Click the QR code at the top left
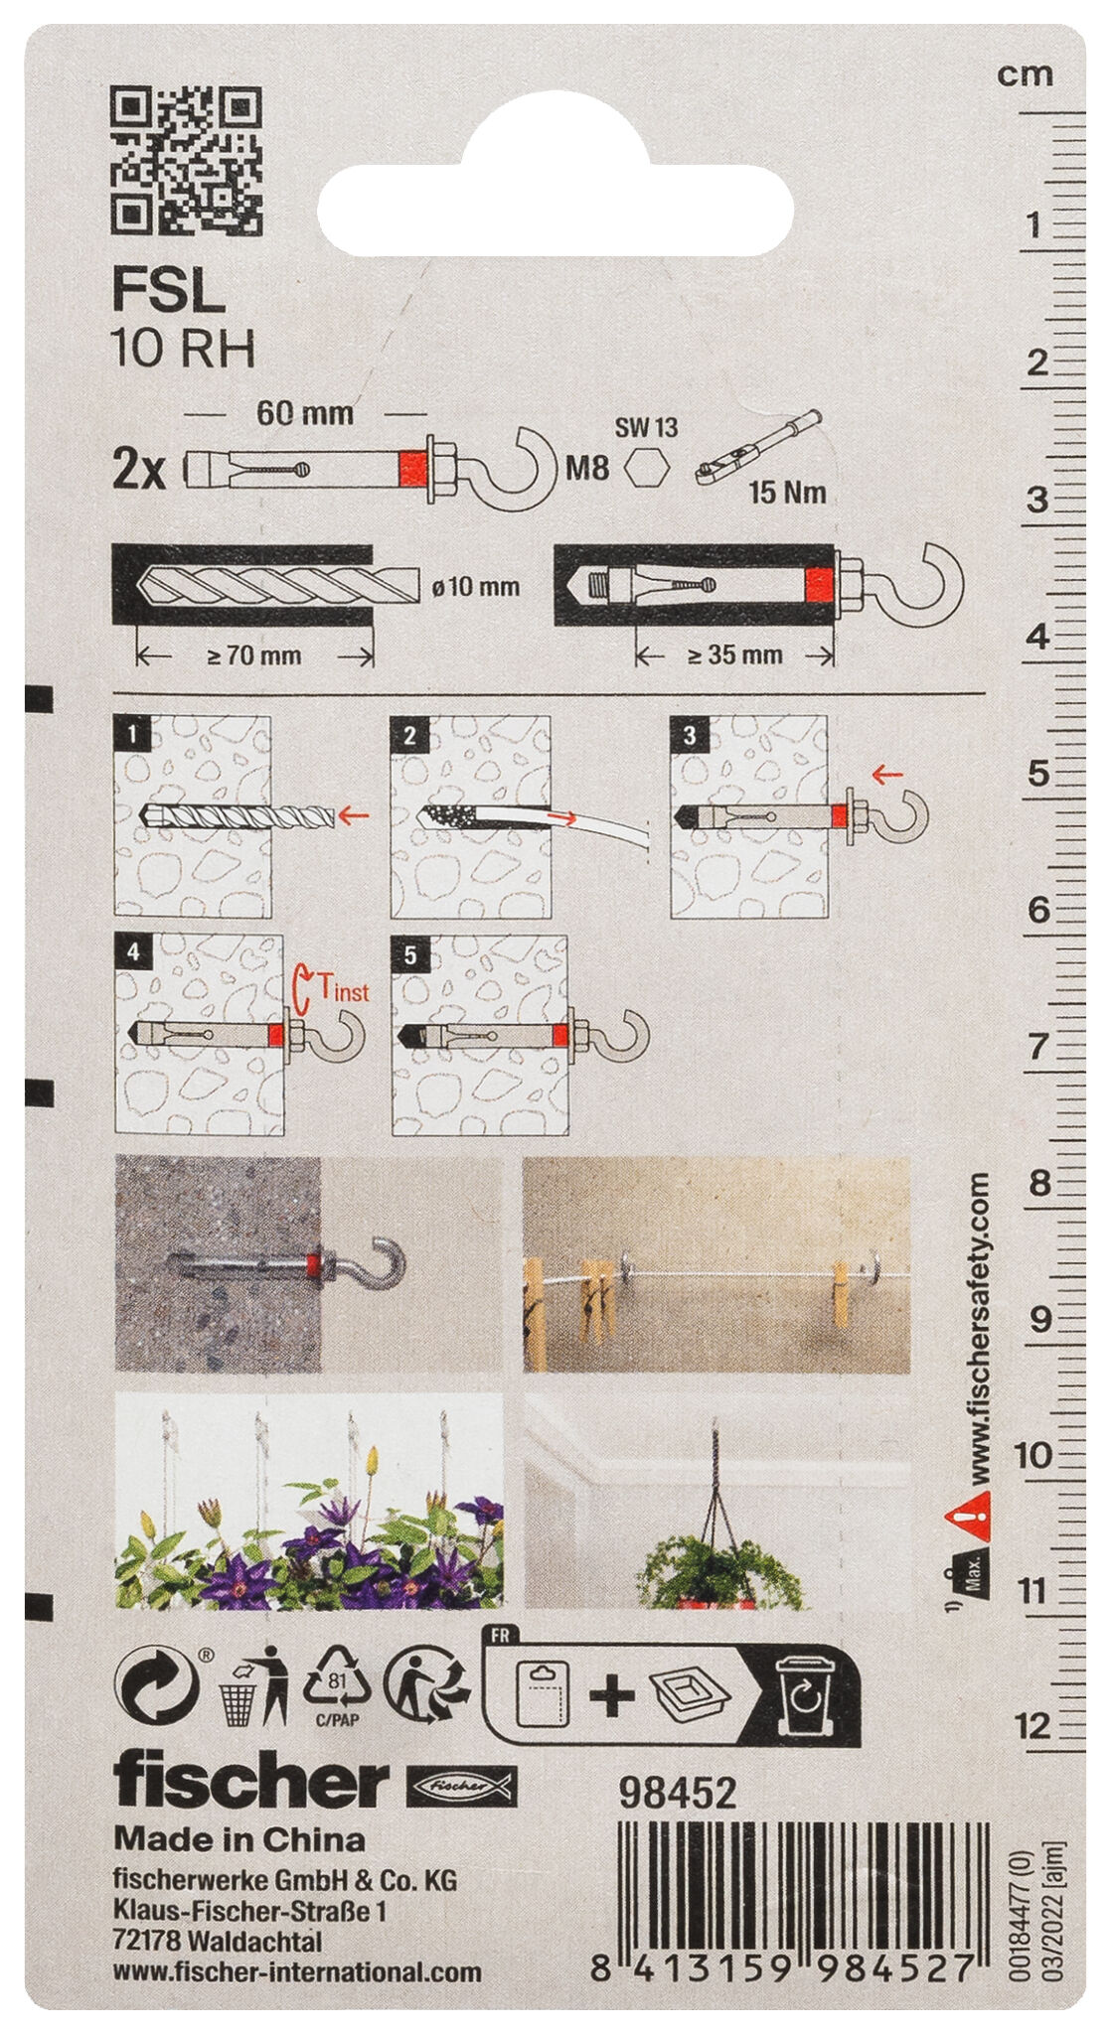[185, 161]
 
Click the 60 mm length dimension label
[305, 413]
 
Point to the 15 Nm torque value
[787, 492]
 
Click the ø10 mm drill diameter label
[476, 587]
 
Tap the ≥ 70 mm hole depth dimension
[254, 655]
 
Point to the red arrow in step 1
[354, 815]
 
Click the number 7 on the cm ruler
[1037, 1046]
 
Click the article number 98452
[677, 1793]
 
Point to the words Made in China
[238, 1839]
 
